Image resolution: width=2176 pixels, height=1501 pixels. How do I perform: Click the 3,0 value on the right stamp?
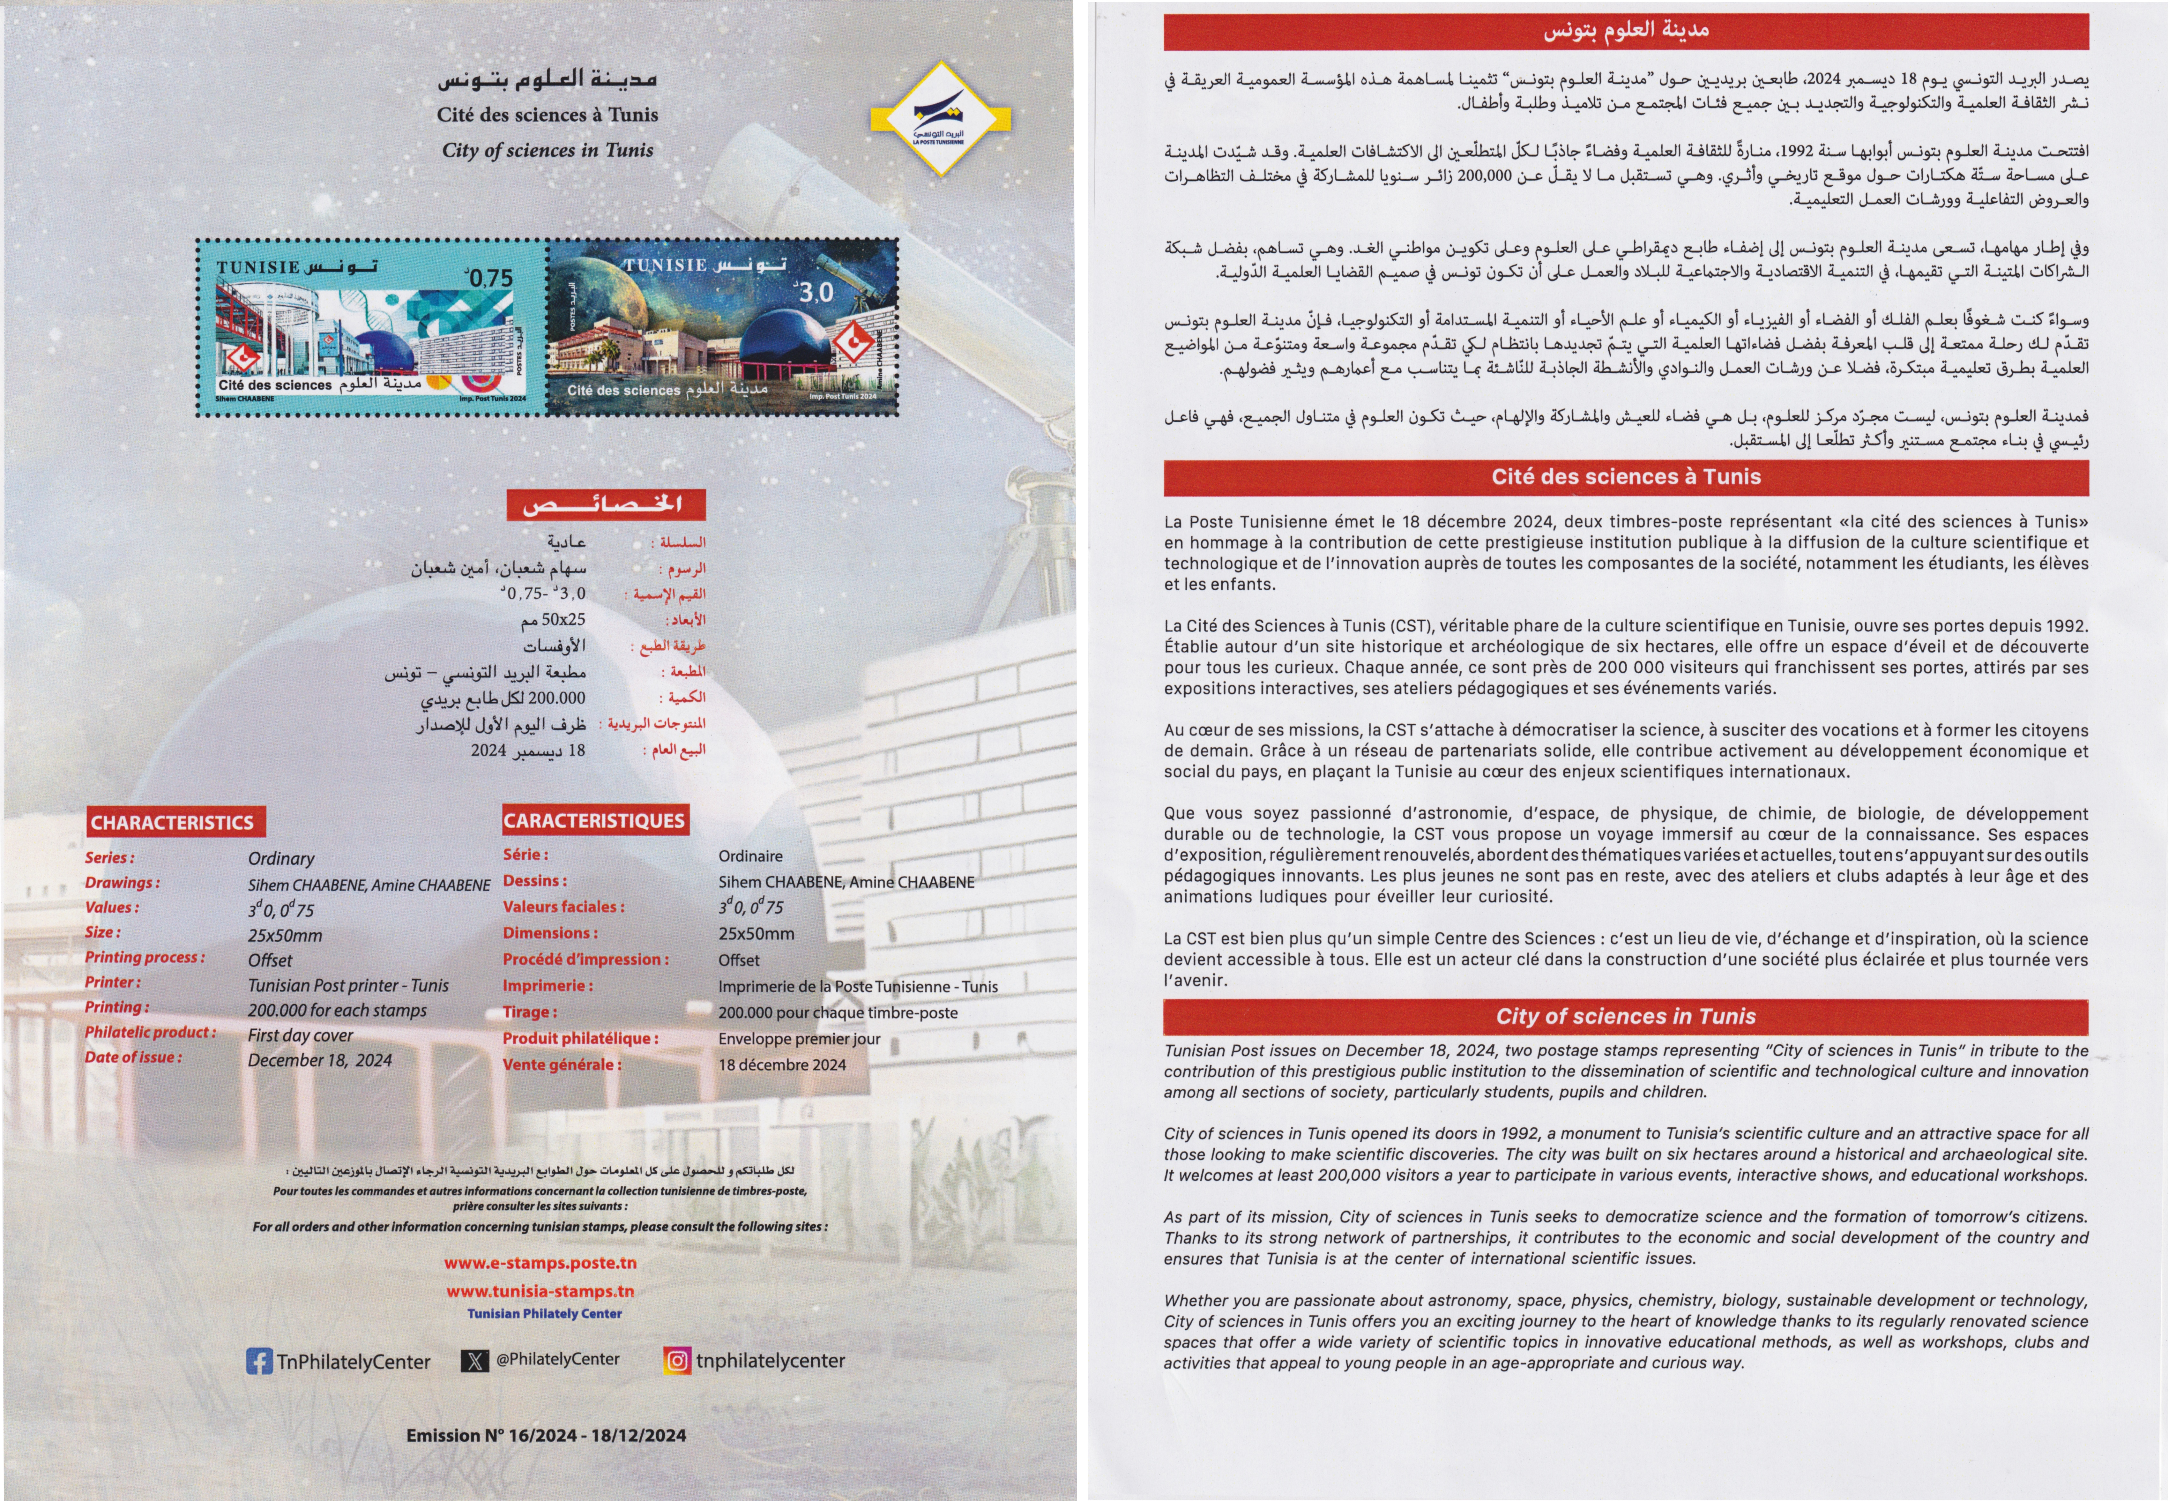coord(814,293)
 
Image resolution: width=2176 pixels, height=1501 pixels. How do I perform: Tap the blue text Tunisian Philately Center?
coord(544,1314)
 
